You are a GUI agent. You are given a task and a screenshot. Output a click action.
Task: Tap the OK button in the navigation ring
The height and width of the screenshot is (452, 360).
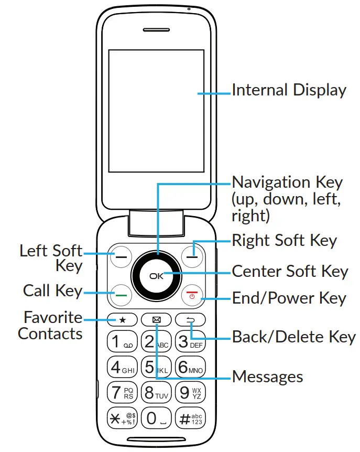pyautogui.click(x=156, y=275)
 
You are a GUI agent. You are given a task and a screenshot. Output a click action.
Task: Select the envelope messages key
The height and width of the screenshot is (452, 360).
pyautogui.click(x=156, y=319)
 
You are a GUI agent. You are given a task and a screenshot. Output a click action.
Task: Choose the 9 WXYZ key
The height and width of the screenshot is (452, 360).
pyautogui.click(x=190, y=392)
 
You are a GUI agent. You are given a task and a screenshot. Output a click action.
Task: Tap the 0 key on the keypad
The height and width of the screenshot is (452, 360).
pyautogui.click(x=156, y=418)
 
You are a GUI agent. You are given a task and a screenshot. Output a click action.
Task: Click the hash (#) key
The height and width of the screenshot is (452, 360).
pyautogui.click(x=190, y=418)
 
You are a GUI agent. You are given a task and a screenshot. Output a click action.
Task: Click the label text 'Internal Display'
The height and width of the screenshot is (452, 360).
pyautogui.click(x=289, y=90)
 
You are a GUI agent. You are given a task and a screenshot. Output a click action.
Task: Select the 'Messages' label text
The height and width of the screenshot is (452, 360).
pyautogui.click(x=267, y=376)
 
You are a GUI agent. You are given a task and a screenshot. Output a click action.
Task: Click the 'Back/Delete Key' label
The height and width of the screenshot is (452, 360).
pyautogui.click(x=293, y=337)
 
